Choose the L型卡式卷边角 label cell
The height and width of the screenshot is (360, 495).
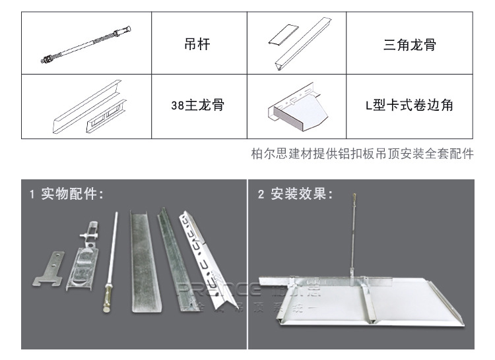pos(409,106)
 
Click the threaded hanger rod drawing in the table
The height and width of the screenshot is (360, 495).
pos(87,45)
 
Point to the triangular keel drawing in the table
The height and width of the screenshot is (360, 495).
pos(296,44)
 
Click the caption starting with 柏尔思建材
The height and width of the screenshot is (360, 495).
pos(362,154)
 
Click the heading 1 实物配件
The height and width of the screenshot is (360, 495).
pos(66,194)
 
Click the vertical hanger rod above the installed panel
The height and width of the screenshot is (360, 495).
pos(355,237)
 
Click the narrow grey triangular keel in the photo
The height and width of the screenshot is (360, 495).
pos(168,254)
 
